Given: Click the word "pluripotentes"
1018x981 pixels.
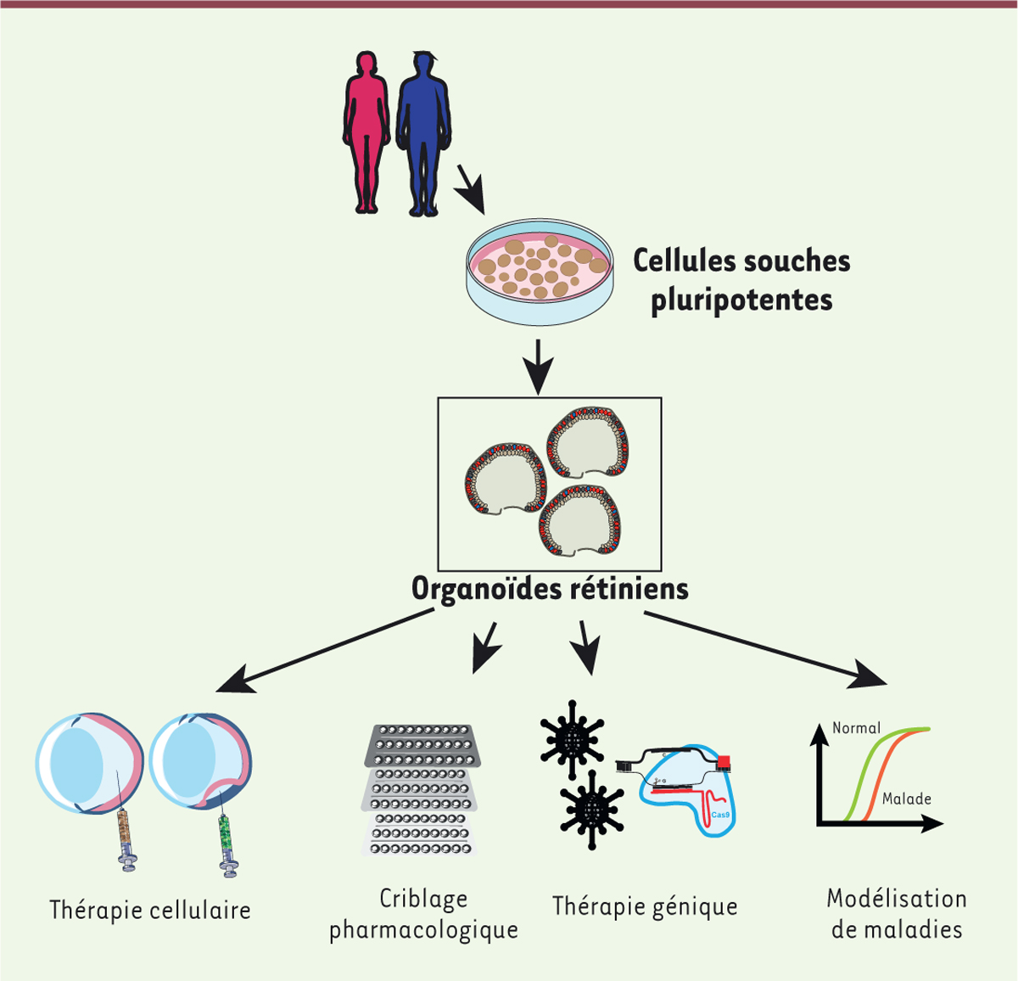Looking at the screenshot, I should point(741,300).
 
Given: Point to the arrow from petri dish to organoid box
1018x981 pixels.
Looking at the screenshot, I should point(538,365).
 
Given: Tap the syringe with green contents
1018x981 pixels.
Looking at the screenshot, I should point(226,835).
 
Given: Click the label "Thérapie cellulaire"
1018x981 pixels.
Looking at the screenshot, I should point(150,910).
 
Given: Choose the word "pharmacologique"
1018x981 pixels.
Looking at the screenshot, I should point(423,929).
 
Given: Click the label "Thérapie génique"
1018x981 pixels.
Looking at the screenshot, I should point(645,905).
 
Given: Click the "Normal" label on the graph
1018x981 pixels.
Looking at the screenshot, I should point(856,728).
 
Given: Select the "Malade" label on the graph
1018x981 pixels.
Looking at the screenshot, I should point(906,799).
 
